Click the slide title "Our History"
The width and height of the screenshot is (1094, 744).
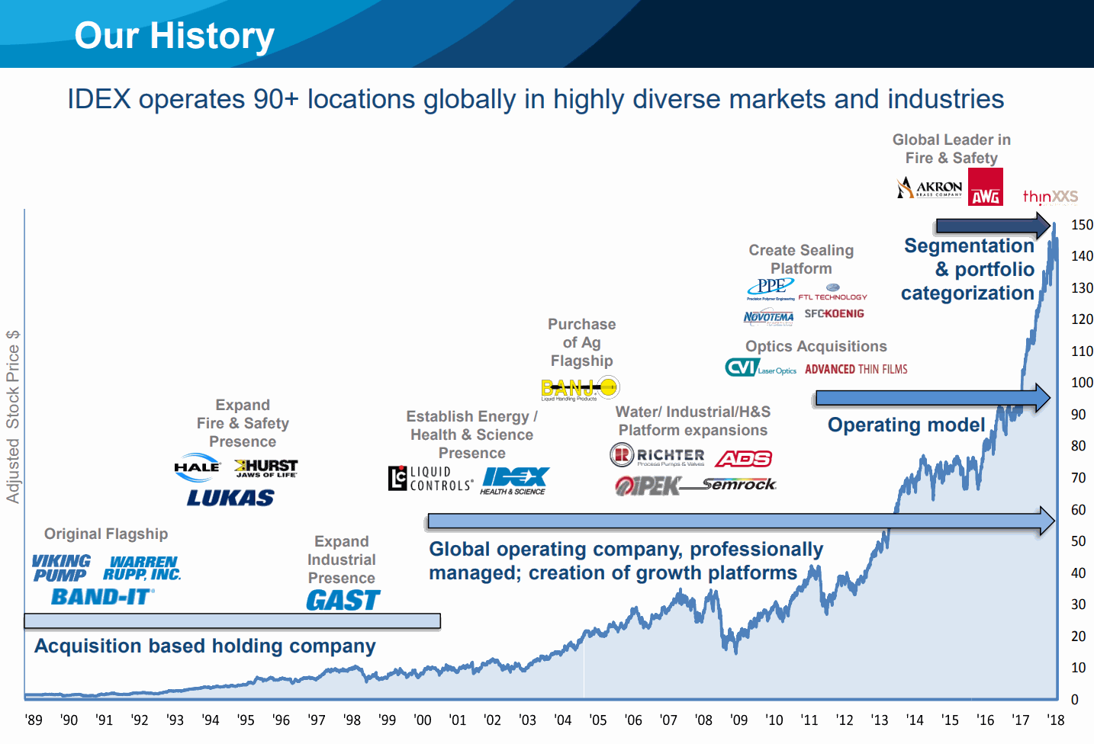[174, 36]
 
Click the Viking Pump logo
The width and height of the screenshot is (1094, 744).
[61, 568]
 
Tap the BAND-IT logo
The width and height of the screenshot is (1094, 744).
[102, 597]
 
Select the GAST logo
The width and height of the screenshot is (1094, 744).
[343, 601]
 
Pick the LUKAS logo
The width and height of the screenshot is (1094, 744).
[230, 498]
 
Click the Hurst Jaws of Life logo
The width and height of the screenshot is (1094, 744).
[266, 467]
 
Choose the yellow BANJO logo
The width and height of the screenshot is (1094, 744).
[580, 388]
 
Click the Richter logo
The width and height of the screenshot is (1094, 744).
[658, 456]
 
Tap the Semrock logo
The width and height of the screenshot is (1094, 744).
[739, 484]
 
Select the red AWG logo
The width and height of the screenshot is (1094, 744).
[985, 188]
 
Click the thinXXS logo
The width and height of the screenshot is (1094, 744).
[1050, 197]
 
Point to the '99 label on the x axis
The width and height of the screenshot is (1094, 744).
[387, 720]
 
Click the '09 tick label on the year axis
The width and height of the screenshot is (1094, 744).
[738, 720]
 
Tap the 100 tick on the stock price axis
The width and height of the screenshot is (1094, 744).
[1082, 383]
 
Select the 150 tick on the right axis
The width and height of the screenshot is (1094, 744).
[1082, 225]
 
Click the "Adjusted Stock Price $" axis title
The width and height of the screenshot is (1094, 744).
[13, 416]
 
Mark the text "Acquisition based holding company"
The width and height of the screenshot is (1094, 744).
[204, 646]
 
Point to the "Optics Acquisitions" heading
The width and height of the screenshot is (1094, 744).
[816, 346]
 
